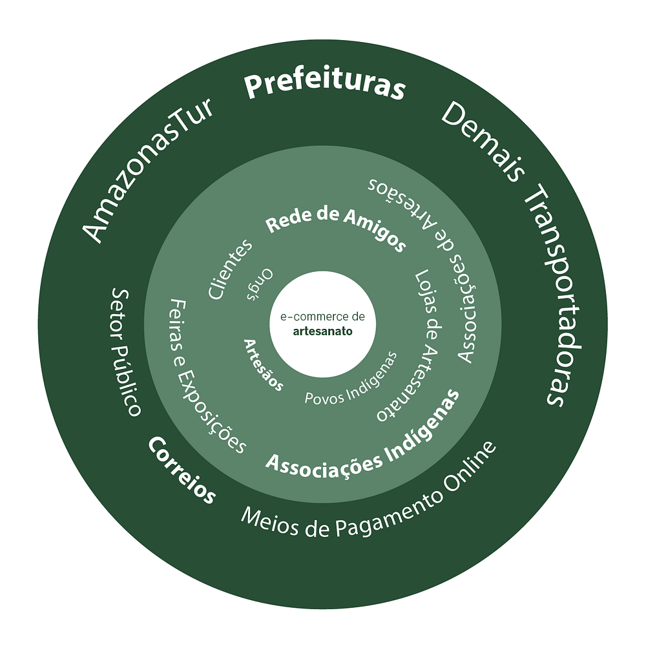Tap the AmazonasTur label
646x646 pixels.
click(150, 172)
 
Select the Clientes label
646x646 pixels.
click(231, 269)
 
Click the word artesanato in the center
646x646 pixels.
click(322, 331)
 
